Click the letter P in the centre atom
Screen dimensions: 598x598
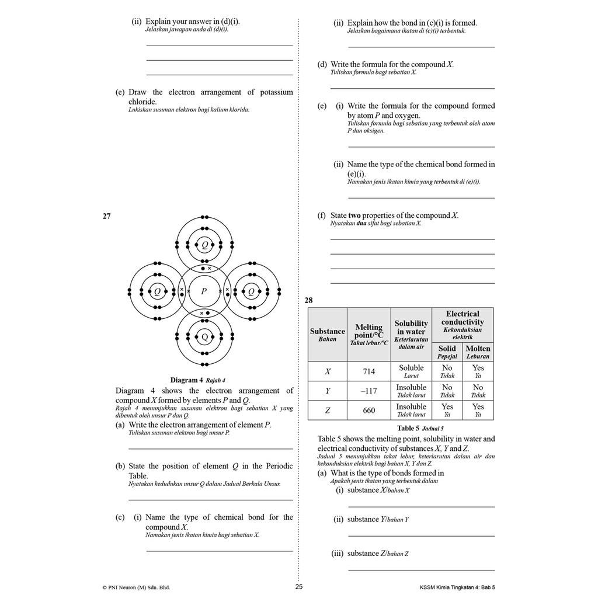click(204, 291)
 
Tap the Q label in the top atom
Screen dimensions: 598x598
click(204, 245)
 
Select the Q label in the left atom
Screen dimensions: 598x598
click(157, 291)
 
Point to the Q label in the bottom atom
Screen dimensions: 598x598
click(204, 337)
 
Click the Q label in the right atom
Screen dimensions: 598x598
click(251, 291)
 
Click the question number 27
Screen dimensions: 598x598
click(106, 216)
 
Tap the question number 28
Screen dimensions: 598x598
click(308, 300)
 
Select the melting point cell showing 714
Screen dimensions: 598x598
click(369, 371)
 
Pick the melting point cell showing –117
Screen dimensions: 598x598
click(369, 391)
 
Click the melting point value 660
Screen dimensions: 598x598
click(369, 411)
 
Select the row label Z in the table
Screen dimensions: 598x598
click(328, 411)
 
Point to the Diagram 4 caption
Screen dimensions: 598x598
click(197, 380)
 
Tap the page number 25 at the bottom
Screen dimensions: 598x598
click(299, 586)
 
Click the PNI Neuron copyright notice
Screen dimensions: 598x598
click(136, 587)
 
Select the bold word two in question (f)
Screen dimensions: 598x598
click(354, 215)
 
